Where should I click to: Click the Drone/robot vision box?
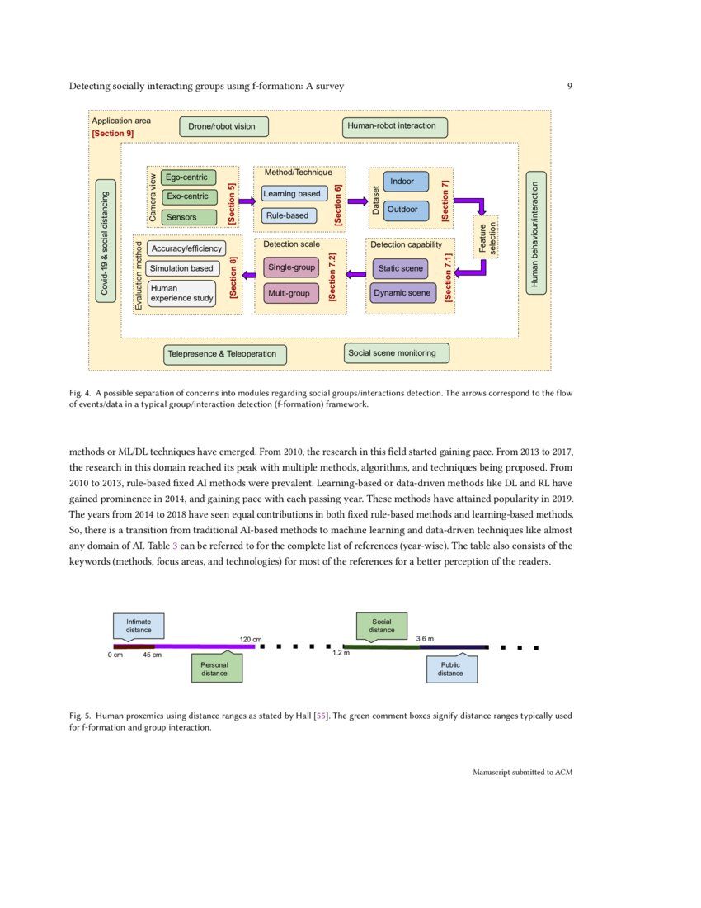coord(223,127)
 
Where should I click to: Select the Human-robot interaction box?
coord(395,127)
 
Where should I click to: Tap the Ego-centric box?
coord(188,177)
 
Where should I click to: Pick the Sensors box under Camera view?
coord(188,217)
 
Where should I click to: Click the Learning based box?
coord(293,194)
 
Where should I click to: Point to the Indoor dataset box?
coord(403,182)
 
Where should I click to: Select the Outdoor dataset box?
coord(403,210)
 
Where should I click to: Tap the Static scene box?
coord(401,268)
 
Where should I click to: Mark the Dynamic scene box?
coord(402,293)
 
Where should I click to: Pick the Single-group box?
coord(292,268)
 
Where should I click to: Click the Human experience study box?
coord(181,293)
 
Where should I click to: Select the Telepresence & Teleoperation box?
coord(226,354)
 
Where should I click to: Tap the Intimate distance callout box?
coord(139,627)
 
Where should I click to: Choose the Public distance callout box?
coord(451,669)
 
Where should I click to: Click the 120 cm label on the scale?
coord(251,639)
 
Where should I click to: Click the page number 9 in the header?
coord(570,86)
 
